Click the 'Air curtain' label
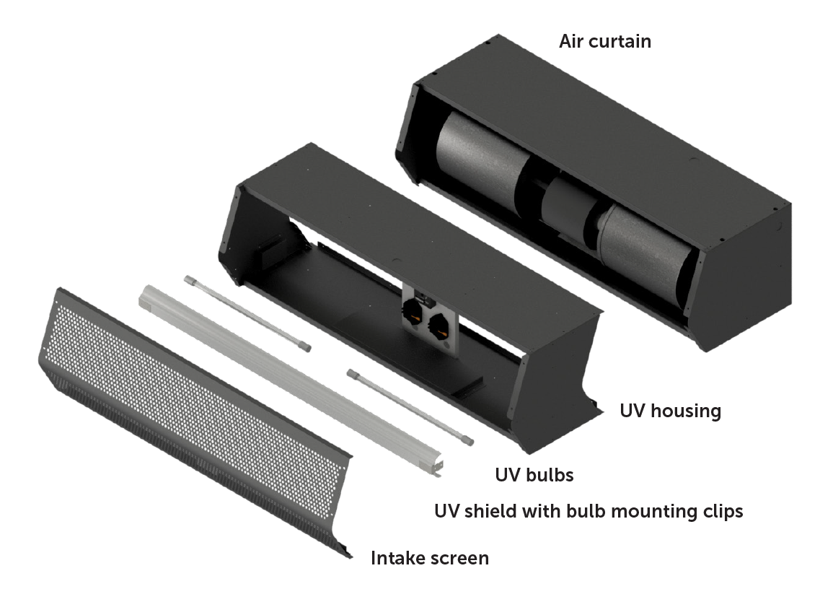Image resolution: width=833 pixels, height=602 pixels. pos(605,41)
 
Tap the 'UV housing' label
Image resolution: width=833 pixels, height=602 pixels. pos(671,411)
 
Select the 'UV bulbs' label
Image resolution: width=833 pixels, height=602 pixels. pos(534,475)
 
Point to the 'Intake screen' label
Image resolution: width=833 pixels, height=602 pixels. pos(430,559)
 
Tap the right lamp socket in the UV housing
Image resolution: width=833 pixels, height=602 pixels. pos(438,325)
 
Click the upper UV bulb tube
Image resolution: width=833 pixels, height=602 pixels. pos(247,313)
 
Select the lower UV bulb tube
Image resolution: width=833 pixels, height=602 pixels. pos(410,407)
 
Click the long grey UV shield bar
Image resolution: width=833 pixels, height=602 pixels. pos(291,380)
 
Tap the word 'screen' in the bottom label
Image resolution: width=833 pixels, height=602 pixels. pos(459,559)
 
